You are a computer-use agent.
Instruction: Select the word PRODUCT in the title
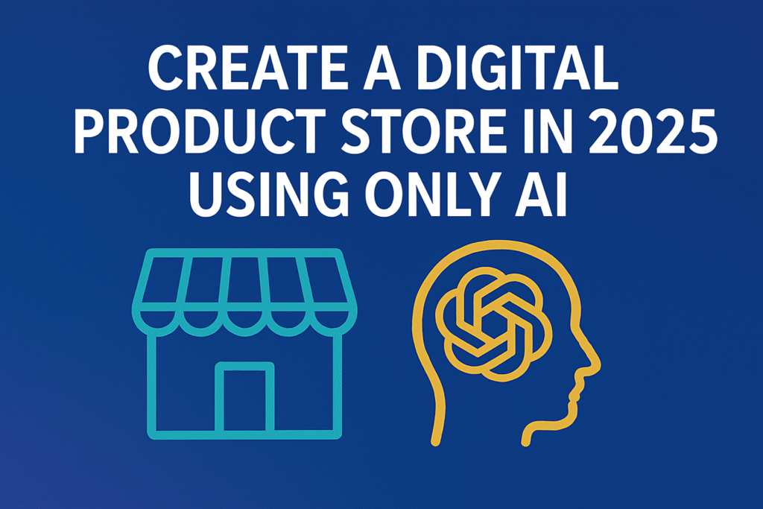pos(199,131)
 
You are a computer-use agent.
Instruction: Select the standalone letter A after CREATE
pos(377,68)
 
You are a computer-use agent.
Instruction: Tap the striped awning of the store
pos(244,292)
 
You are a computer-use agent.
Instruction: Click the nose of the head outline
pos(597,366)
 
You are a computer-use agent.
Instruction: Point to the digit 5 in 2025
pos(700,132)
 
